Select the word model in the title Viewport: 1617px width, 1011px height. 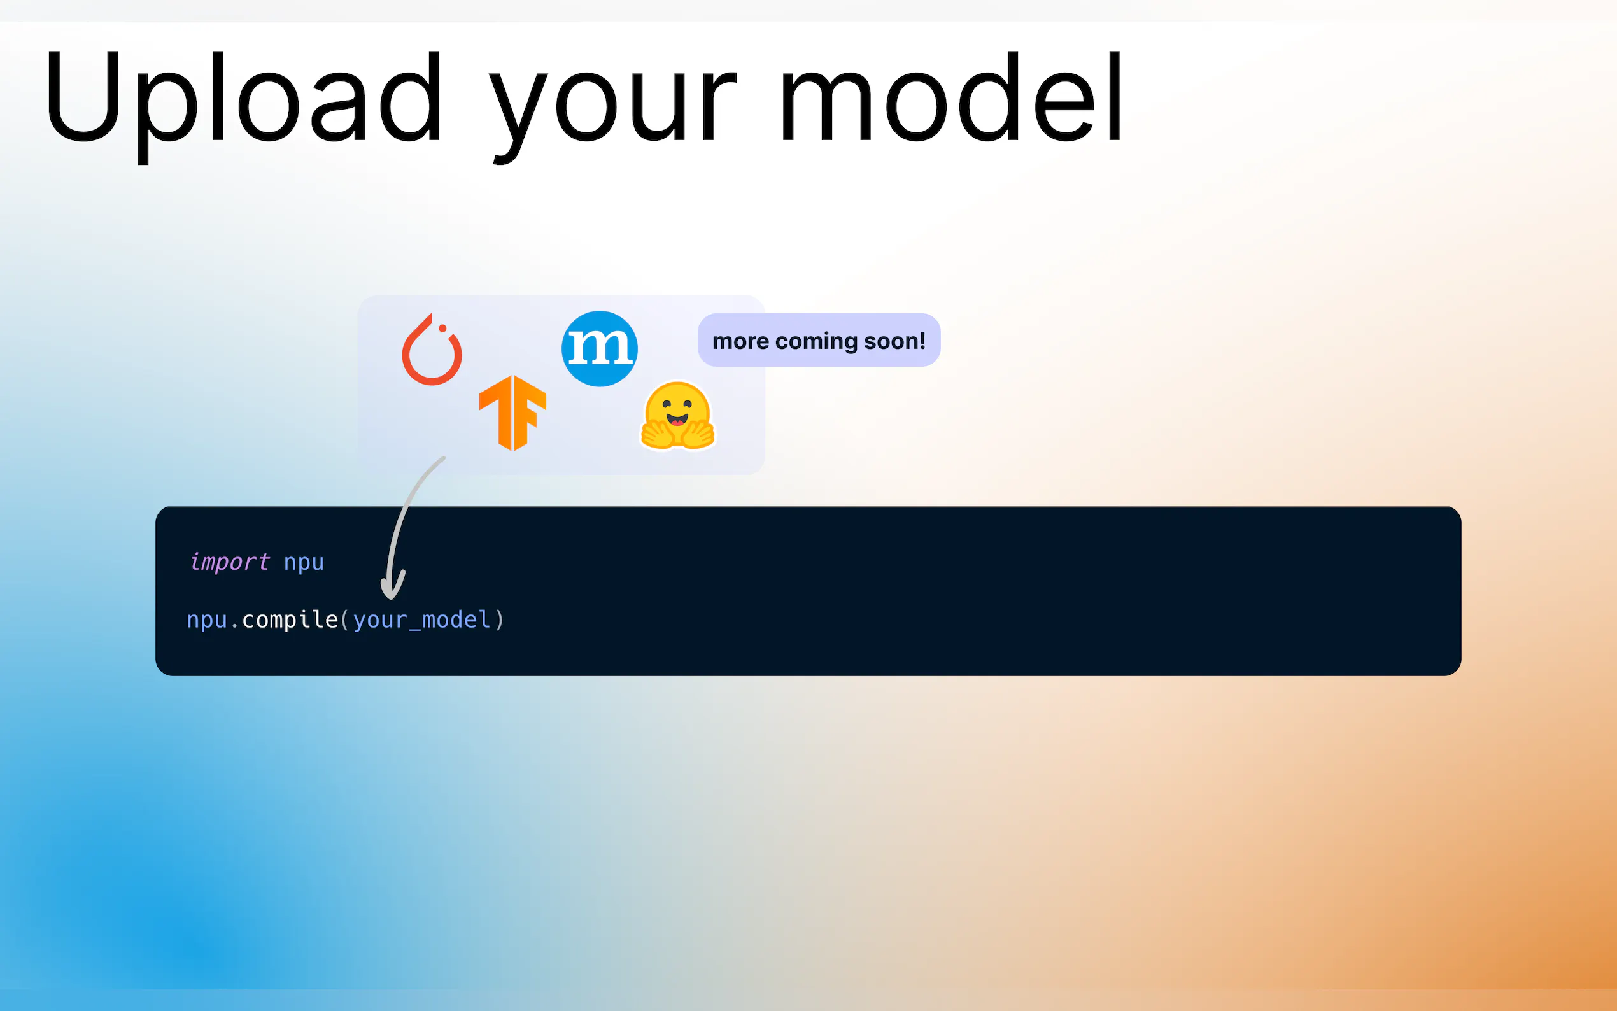pyautogui.click(x=952, y=96)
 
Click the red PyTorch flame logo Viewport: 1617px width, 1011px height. pyautogui.click(x=432, y=349)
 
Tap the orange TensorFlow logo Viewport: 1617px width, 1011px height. pyautogui.click(x=512, y=413)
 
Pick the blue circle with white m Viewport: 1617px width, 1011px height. pyautogui.click(x=600, y=348)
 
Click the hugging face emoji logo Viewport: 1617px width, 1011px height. pyautogui.click(x=678, y=416)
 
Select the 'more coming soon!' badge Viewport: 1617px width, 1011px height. pyautogui.click(x=819, y=341)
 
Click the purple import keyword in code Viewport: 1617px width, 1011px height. pyautogui.click(x=229, y=562)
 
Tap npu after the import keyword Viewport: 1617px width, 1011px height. pyautogui.click(x=304, y=563)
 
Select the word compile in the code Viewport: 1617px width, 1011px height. pyautogui.click(x=290, y=620)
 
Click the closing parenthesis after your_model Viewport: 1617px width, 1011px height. pyautogui.click(x=499, y=620)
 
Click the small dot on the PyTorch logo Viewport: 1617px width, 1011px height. pyautogui.click(x=442, y=329)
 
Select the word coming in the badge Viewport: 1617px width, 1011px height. pyautogui.click(x=816, y=342)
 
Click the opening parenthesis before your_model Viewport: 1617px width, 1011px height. pyautogui.click(x=345, y=620)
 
